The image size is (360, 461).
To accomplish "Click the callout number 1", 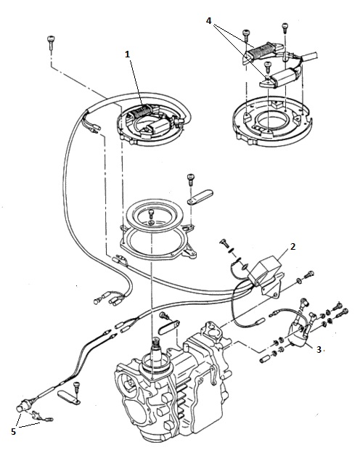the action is [127, 54].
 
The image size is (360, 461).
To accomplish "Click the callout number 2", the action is [292, 246].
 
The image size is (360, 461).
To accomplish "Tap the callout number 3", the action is [319, 350].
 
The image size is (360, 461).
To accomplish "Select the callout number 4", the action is [208, 21].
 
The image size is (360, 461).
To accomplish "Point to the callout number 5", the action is [13, 431].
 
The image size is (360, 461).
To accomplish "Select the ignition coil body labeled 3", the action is [298, 334].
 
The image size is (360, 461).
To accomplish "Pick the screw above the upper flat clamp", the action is [191, 179].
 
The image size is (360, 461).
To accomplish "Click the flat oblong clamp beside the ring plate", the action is [200, 196].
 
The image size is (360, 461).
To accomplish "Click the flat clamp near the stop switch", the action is [68, 396].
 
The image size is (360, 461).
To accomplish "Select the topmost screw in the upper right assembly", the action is [285, 28].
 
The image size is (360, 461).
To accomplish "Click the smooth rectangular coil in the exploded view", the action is [283, 77].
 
